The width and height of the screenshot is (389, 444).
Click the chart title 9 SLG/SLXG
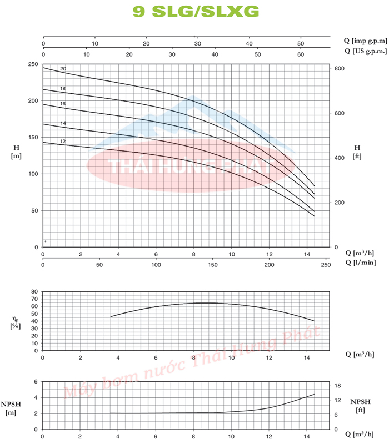click(x=196, y=11)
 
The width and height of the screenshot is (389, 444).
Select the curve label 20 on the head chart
click(x=63, y=68)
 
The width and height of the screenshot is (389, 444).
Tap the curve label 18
click(x=63, y=89)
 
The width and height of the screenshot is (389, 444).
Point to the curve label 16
click(x=63, y=104)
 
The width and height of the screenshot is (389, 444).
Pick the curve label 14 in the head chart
click(x=63, y=123)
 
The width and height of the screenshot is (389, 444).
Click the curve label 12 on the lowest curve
click(x=63, y=142)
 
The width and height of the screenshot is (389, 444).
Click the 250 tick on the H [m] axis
click(x=33, y=65)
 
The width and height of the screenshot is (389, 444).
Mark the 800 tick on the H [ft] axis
click(x=340, y=68)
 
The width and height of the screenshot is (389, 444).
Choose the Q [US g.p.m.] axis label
click(x=363, y=52)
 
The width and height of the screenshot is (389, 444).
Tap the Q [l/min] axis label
click(x=358, y=263)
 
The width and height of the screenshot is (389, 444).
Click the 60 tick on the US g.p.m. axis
click(x=301, y=54)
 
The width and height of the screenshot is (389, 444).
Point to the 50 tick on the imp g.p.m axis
click(x=300, y=43)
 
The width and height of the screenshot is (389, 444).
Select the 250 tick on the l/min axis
click(x=325, y=265)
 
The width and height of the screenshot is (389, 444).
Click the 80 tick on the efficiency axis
click(x=34, y=291)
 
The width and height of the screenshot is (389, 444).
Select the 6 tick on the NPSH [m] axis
click(x=36, y=382)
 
